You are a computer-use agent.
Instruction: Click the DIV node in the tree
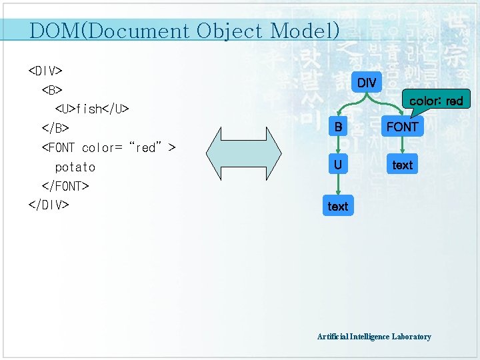[x=367, y=83]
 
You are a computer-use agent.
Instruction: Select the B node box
[x=339, y=127]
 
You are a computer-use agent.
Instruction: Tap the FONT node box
[x=403, y=127]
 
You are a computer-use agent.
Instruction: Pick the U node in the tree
[x=339, y=164]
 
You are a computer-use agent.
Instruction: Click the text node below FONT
[x=403, y=165]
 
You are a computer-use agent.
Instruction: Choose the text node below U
[x=338, y=207]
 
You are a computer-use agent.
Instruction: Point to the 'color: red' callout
[x=435, y=101]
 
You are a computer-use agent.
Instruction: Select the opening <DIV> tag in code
[x=45, y=70]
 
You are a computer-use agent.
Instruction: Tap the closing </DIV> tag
[x=49, y=205]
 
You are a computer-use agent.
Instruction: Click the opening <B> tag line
[x=52, y=89]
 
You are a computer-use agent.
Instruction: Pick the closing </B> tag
[x=55, y=127]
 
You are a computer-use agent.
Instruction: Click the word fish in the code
[x=88, y=108]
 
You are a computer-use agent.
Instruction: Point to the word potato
[x=75, y=167]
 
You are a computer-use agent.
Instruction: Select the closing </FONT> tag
[x=65, y=185]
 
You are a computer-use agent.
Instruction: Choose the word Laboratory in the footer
[x=411, y=337]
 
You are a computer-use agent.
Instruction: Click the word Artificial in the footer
[x=333, y=337]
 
